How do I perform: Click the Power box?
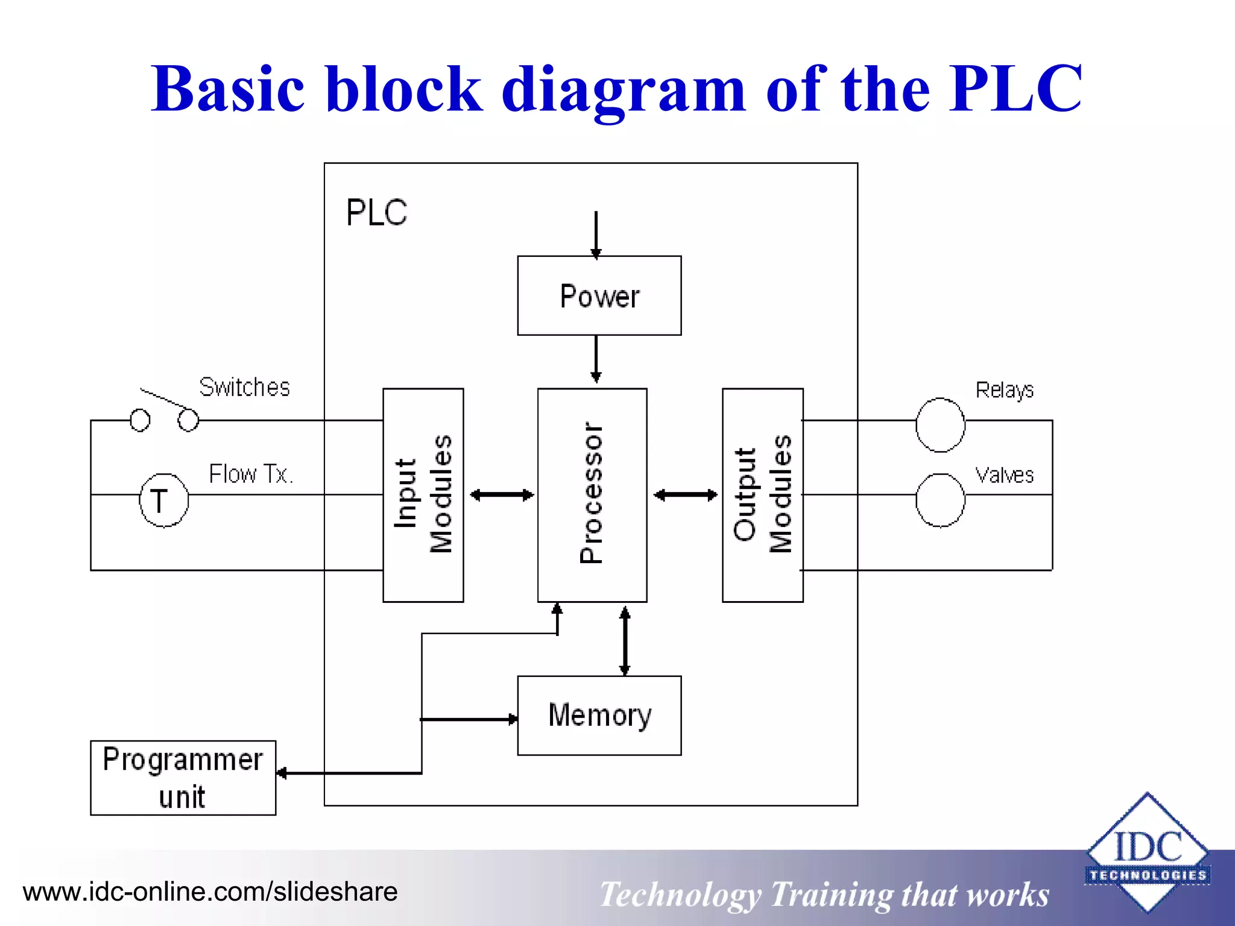(599, 295)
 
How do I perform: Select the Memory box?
(599, 715)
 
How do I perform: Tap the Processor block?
(592, 494)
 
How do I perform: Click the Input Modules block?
(423, 494)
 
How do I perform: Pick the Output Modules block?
(762, 494)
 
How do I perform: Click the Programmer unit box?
(183, 778)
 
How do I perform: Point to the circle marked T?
(163, 500)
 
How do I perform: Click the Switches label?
(244, 387)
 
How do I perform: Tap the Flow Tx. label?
(251, 474)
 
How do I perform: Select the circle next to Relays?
(940, 425)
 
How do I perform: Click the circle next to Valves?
(940, 500)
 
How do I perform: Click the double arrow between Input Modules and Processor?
(501, 495)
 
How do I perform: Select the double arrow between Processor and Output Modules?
(685, 495)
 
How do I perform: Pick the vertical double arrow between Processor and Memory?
(625, 640)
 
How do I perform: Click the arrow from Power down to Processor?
(596, 359)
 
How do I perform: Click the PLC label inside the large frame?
(376, 212)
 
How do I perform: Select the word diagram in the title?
(624, 90)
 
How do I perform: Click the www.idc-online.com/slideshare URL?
(210, 892)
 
